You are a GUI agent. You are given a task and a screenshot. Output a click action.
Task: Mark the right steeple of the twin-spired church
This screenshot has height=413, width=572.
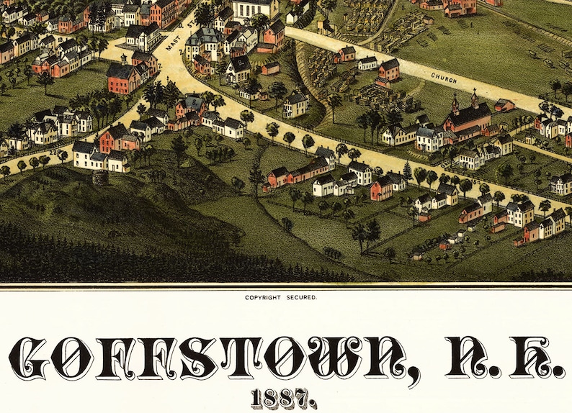[475, 96]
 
